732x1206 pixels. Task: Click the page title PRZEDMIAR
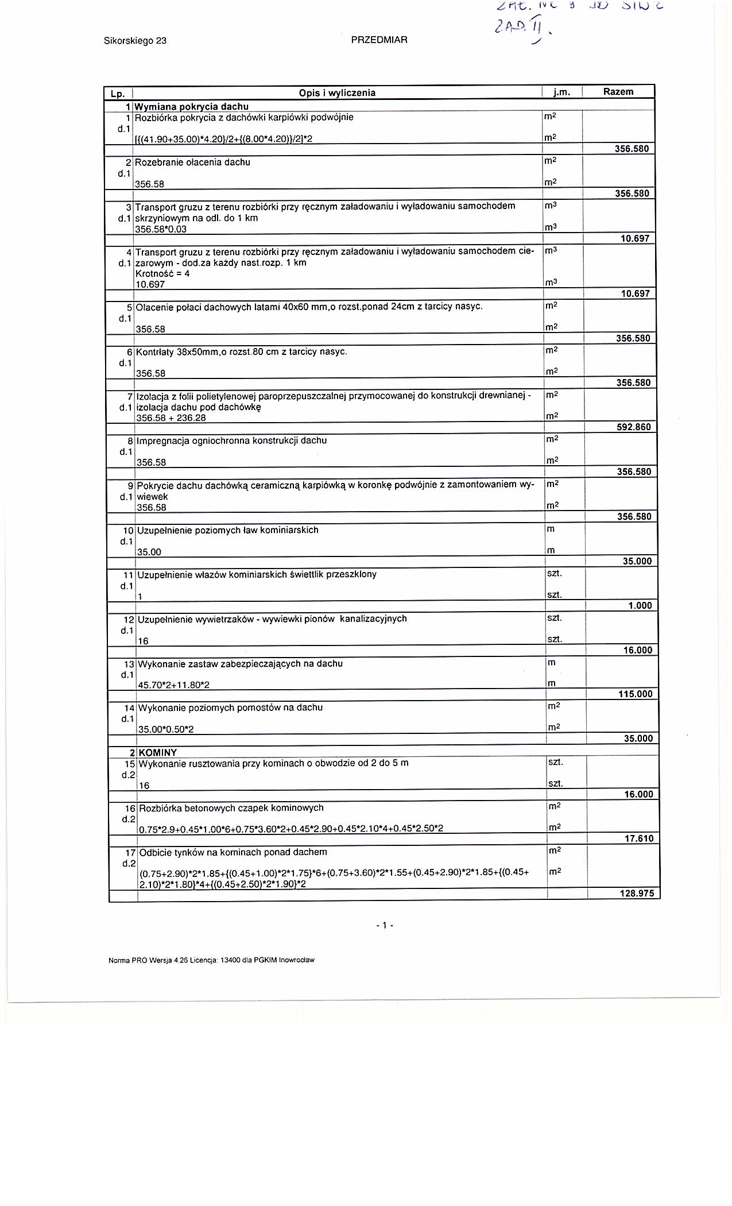378,40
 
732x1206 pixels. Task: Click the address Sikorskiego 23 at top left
135,41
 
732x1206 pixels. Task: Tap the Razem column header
618,92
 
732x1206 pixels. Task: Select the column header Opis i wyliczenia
337,93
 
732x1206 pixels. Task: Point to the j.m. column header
561,92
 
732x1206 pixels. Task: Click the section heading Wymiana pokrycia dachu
191,106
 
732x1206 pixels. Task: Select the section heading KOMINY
158,752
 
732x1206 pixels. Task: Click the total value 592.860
633,427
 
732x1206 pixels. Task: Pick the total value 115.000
635,694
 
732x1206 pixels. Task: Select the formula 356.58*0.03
161,229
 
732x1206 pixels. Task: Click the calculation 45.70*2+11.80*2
174,685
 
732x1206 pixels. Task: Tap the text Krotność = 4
162,274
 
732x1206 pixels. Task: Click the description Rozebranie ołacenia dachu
193,163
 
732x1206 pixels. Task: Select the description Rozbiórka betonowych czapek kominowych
231,808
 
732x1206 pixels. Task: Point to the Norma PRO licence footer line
211,960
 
